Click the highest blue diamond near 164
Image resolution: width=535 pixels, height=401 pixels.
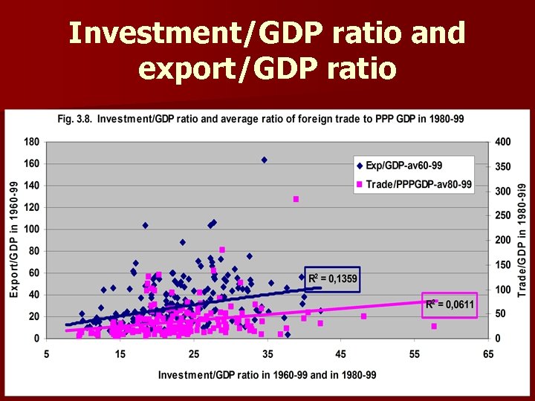click(x=264, y=160)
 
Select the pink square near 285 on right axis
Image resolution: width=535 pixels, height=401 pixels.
click(x=296, y=199)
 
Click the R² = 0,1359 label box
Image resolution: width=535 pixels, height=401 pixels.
click(x=332, y=279)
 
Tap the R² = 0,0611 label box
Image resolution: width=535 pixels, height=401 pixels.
click(x=450, y=304)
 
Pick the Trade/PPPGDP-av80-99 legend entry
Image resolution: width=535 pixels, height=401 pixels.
click(x=419, y=185)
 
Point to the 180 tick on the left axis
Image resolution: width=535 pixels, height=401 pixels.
click(x=31, y=142)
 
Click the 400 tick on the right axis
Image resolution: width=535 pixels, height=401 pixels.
click(x=502, y=142)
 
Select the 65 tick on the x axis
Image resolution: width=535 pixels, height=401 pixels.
click(x=487, y=354)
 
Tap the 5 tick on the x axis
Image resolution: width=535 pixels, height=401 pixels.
click(x=47, y=354)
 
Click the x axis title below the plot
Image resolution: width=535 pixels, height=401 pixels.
click(x=267, y=375)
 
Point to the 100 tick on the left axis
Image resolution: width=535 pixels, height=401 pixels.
click(x=31, y=229)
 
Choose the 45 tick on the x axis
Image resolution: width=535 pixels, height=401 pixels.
click(x=340, y=354)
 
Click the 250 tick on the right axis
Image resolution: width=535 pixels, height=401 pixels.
click(x=502, y=215)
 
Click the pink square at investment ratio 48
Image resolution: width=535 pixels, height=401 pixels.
click(x=363, y=316)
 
